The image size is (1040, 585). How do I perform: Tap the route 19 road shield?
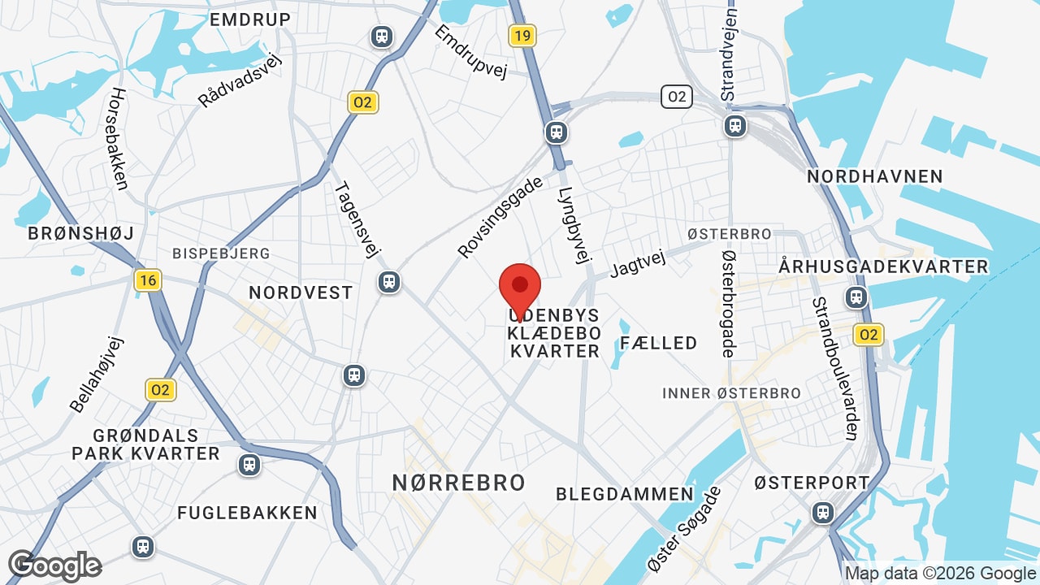pyautogui.click(x=522, y=35)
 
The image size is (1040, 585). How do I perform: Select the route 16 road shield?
pyautogui.click(x=148, y=280)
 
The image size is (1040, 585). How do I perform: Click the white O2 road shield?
pyautogui.click(x=676, y=97)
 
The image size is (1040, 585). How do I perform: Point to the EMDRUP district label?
pyautogui.click(x=250, y=19)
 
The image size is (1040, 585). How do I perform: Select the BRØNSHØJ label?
pyautogui.click(x=80, y=233)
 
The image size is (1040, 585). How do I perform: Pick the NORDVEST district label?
pyautogui.click(x=301, y=292)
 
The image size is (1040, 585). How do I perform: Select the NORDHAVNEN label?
pyautogui.click(x=874, y=176)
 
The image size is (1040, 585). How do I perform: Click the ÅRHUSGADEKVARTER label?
pyautogui.click(x=883, y=266)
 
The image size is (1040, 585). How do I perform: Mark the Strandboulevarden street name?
pyautogui.click(x=834, y=368)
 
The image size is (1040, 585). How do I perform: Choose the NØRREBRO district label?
pyautogui.click(x=459, y=482)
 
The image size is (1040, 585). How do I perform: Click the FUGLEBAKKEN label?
pyautogui.click(x=247, y=513)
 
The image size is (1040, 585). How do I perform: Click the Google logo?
pyautogui.click(x=54, y=565)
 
